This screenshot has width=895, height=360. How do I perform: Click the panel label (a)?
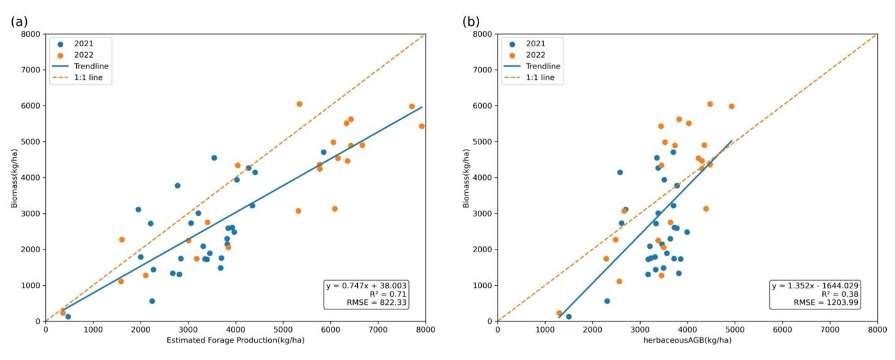(x=19, y=21)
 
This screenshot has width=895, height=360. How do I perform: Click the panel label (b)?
(x=471, y=21)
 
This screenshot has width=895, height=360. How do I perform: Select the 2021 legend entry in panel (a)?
(x=83, y=44)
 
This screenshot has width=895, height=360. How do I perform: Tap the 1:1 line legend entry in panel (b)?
(x=540, y=78)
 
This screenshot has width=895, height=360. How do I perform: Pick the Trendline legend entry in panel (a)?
(x=91, y=66)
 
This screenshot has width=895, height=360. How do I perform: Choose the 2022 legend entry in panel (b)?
(x=535, y=55)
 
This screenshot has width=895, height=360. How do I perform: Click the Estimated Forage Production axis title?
(x=235, y=340)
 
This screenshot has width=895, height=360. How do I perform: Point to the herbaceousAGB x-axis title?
(x=687, y=340)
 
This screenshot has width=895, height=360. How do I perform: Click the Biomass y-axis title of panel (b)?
(x=466, y=179)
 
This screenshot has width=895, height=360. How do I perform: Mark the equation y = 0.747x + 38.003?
(x=366, y=286)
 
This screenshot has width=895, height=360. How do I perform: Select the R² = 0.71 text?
(x=387, y=294)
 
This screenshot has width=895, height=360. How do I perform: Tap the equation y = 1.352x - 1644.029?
(x=814, y=286)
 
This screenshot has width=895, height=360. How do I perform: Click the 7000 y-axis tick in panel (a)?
(x=30, y=70)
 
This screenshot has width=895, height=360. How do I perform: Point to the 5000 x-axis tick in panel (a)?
(x=283, y=330)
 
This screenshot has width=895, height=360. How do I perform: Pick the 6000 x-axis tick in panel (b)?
(x=782, y=330)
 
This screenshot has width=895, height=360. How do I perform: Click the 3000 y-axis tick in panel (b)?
(x=482, y=214)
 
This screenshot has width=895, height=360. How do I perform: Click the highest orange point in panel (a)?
(x=299, y=104)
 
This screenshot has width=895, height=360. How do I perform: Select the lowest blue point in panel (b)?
(x=569, y=317)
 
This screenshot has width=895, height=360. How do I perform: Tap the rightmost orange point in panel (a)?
(x=422, y=126)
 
